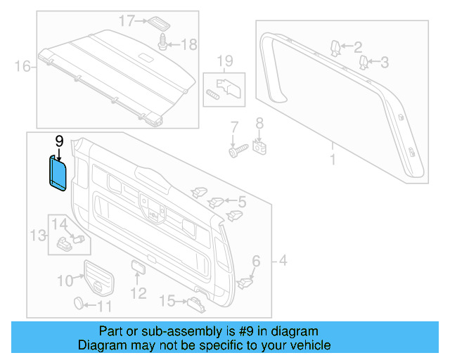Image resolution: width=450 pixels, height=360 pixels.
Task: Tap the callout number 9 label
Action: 59,141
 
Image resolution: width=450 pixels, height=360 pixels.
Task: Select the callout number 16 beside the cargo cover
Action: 22,67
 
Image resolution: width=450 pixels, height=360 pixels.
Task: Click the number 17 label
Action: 126,21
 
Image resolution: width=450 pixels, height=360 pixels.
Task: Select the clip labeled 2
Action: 336,48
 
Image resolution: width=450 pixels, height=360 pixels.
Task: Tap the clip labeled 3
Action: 364,63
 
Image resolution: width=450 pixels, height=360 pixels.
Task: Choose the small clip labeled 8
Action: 259,148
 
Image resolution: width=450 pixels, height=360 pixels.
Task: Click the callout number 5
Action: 240,202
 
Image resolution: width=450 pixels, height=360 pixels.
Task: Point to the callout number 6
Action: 256,262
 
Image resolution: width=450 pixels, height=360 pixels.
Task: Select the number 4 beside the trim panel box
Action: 282,262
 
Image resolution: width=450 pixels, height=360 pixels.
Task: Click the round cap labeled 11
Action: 81,304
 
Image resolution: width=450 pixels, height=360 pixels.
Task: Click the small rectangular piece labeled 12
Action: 136,268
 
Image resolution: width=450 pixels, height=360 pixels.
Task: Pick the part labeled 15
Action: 195,302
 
